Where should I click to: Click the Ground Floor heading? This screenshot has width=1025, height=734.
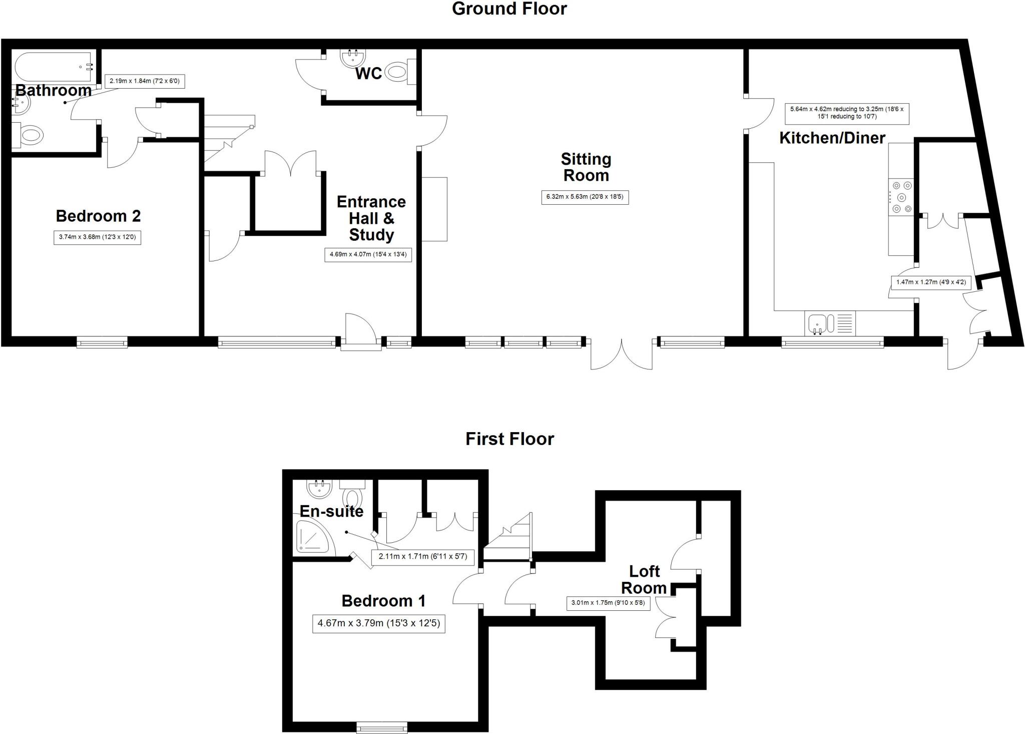[x=509, y=9]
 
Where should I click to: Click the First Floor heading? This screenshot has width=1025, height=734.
[x=509, y=439]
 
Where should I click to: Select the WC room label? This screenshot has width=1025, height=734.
[x=369, y=74]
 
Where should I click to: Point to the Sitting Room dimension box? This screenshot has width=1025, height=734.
[x=585, y=197]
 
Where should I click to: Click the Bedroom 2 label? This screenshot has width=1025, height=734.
[x=98, y=216]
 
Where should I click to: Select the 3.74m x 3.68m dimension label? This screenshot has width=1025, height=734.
[x=98, y=237]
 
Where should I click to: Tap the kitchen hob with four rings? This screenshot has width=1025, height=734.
[x=901, y=197]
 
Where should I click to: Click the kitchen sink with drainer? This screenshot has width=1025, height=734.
[x=830, y=323]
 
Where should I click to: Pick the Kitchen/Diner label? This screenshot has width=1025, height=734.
[x=832, y=138]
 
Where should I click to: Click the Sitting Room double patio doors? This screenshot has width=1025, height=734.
[x=622, y=353]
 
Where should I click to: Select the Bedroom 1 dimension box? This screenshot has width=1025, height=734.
[x=379, y=624]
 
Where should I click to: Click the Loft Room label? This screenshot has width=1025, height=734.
[x=644, y=579]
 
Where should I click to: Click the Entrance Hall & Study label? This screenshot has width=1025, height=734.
[x=371, y=218]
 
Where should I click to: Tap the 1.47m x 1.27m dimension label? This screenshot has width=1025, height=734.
[x=931, y=282]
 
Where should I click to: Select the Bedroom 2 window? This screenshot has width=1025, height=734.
[x=102, y=342]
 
